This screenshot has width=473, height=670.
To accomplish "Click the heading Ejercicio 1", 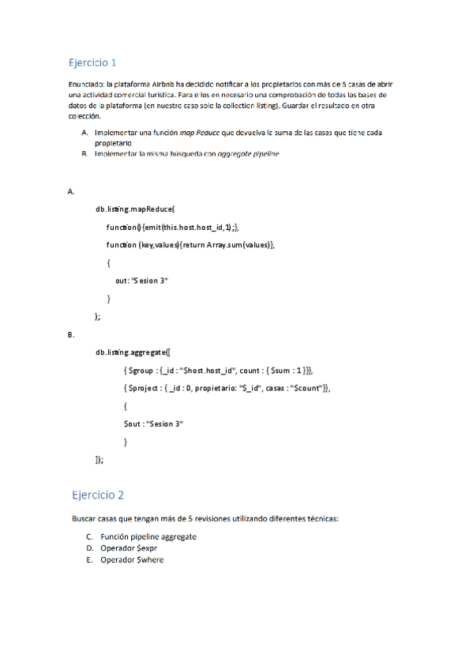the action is tap(92, 62).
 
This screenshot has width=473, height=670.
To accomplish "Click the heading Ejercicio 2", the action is tap(97, 495).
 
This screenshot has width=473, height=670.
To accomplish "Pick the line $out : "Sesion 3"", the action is tap(153, 423).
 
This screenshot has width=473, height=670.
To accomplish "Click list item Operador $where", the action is tap(132, 559).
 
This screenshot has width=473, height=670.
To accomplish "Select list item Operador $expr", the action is tap(129, 548).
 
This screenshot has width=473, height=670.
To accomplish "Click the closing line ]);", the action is tap(99, 459).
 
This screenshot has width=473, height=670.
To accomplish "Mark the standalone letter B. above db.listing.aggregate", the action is tap(71, 335).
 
